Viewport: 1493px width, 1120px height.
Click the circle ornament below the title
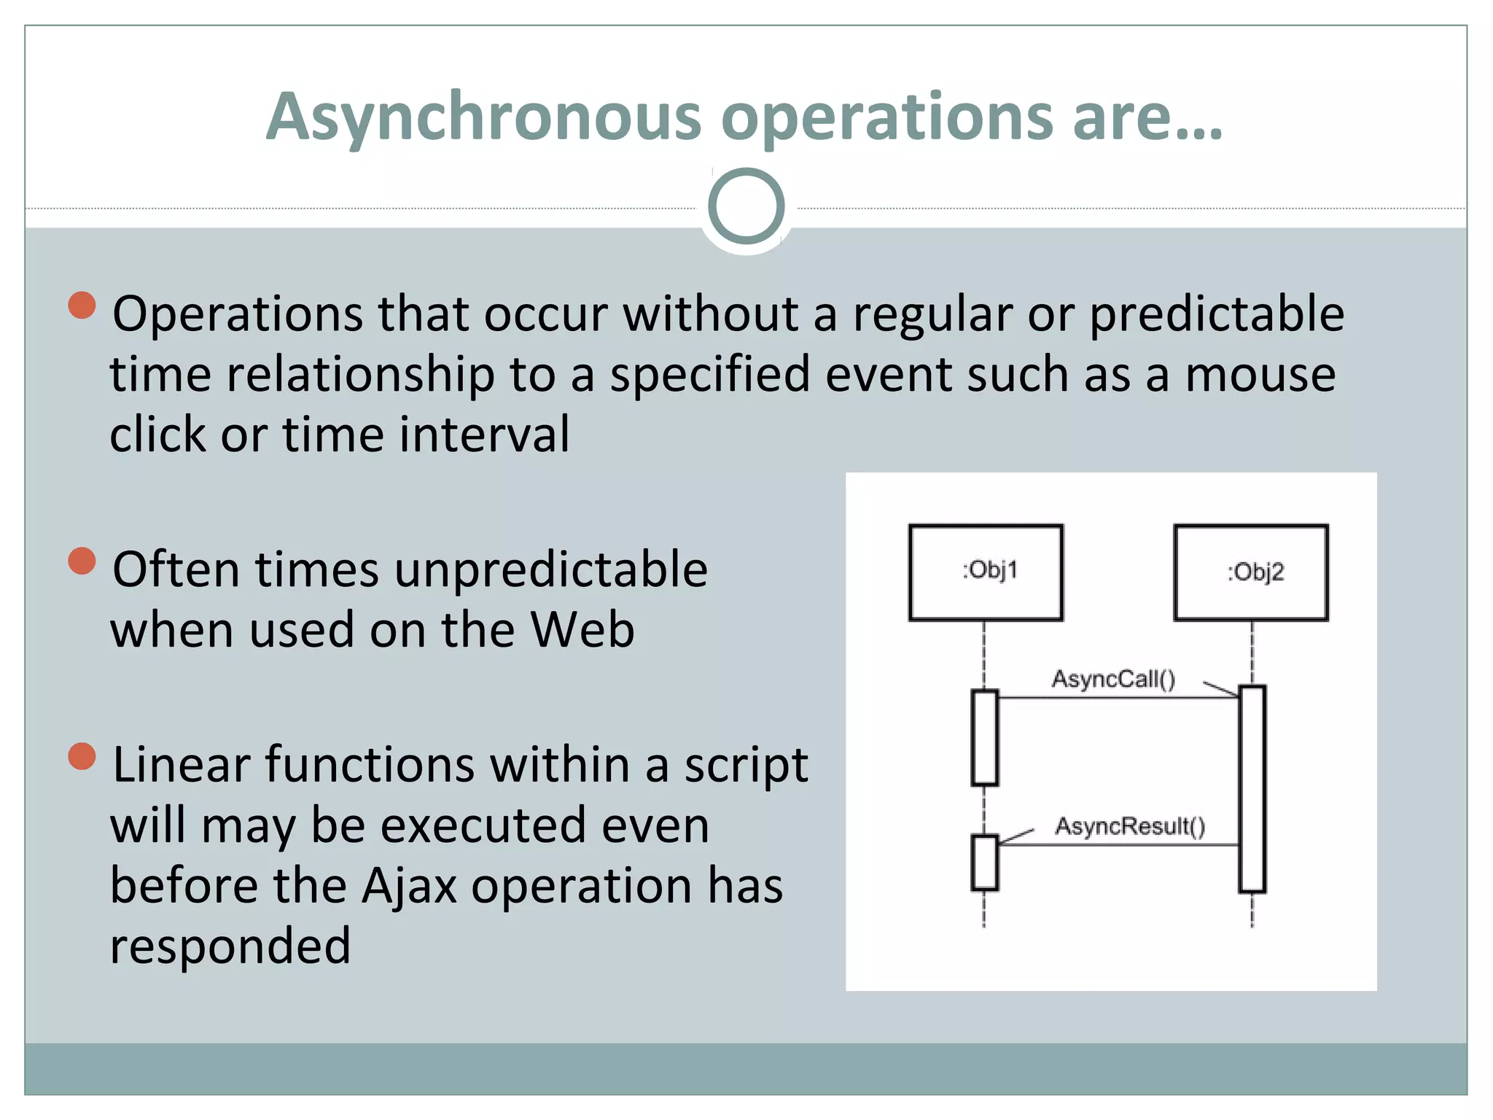coord(746,206)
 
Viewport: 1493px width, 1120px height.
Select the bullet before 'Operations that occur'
coord(82,306)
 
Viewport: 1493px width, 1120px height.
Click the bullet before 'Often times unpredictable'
coord(82,561)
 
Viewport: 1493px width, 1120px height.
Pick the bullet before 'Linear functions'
coord(82,756)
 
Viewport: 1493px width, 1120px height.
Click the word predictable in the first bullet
coord(1217,315)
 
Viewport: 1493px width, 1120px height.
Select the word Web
coord(582,630)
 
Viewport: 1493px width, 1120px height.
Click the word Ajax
coord(409,887)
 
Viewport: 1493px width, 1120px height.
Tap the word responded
coord(230,946)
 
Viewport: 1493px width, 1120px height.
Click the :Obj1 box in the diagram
coord(986,572)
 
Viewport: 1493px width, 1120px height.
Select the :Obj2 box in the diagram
coord(1251,572)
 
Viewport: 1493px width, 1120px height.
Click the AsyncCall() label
coord(1112,680)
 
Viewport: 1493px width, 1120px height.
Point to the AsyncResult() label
coord(1130,826)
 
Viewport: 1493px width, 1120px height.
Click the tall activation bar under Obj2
coord(1252,788)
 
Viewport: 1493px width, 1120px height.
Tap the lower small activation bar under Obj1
coord(984,863)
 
